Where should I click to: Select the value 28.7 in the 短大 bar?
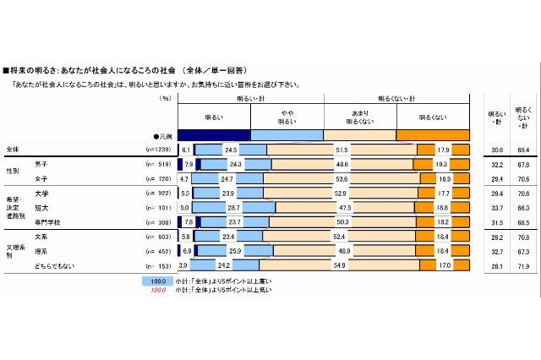click(234, 207)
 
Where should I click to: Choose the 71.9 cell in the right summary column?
click(523, 265)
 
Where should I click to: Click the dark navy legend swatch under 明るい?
click(214, 134)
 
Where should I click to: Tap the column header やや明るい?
click(287, 116)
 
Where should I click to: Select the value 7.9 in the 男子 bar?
click(189, 163)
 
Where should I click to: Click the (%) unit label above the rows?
click(166, 98)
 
